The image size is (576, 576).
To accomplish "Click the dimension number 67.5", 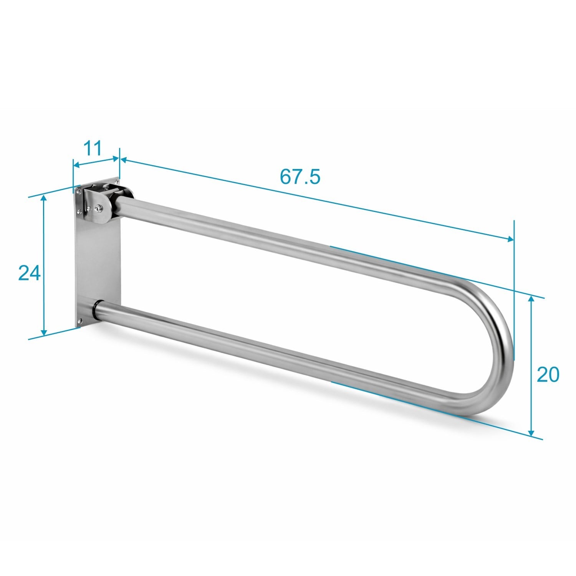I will click(x=300, y=176).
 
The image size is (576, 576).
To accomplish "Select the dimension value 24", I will click(x=30, y=273).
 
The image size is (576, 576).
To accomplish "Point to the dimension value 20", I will click(x=548, y=374).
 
